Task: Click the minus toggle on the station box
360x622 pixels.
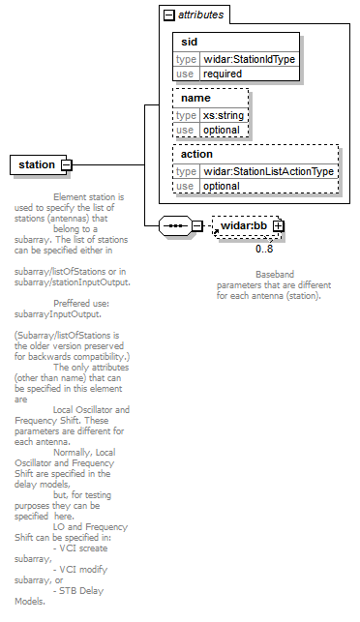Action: (x=67, y=164)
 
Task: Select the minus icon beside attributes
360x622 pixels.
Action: (x=169, y=15)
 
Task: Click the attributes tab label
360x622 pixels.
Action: (x=201, y=15)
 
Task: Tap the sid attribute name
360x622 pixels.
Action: (x=190, y=42)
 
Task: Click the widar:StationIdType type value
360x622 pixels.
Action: (x=250, y=60)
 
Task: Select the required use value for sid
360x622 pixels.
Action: (x=223, y=74)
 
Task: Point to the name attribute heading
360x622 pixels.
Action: (x=195, y=98)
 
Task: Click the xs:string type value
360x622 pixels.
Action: (x=224, y=115)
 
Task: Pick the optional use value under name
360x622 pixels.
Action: (x=222, y=131)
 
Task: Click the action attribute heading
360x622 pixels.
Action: (x=196, y=154)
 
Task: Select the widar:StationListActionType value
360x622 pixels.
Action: (x=268, y=171)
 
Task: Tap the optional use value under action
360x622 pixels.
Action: (x=222, y=186)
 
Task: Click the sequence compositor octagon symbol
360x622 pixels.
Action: (x=175, y=225)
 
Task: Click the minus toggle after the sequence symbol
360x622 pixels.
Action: (x=197, y=225)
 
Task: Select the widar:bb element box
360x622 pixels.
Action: (x=246, y=226)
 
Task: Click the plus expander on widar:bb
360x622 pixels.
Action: (x=279, y=225)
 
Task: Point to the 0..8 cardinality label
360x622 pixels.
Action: (x=264, y=250)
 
